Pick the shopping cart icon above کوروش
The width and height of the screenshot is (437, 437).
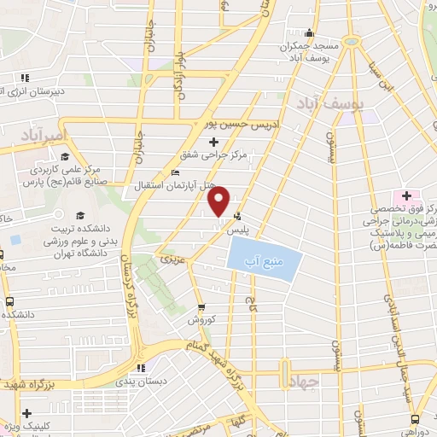[x=201, y=308]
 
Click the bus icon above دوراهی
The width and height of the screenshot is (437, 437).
[x=414, y=418]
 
